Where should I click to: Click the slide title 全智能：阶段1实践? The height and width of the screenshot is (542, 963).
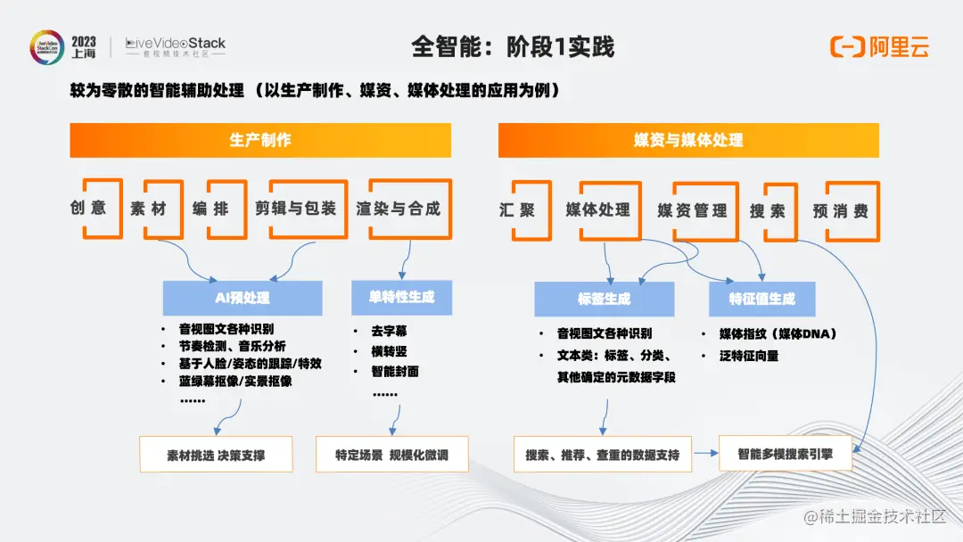click(x=513, y=46)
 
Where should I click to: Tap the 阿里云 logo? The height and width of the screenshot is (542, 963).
click(x=879, y=46)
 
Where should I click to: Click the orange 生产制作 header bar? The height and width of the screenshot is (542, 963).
click(x=260, y=140)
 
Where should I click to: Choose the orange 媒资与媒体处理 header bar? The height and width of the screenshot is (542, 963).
click(x=688, y=140)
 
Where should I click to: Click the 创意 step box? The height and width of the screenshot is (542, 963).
click(x=88, y=209)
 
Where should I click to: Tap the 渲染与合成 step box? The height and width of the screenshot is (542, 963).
click(x=398, y=209)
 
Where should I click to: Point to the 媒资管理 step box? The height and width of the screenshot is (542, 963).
click(x=692, y=211)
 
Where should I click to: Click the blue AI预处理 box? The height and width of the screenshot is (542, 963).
click(x=243, y=298)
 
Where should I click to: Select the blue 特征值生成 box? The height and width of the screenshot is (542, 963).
click(x=761, y=299)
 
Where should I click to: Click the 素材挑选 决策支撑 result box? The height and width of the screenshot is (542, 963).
click(x=216, y=455)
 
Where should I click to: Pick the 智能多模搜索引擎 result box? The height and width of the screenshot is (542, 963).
click(x=785, y=453)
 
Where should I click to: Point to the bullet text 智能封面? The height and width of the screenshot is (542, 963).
click(x=395, y=371)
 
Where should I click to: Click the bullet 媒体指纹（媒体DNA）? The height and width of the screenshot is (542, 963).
click(x=778, y=334)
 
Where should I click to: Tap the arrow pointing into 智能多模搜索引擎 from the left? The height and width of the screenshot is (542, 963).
click(x=707, y=454)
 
